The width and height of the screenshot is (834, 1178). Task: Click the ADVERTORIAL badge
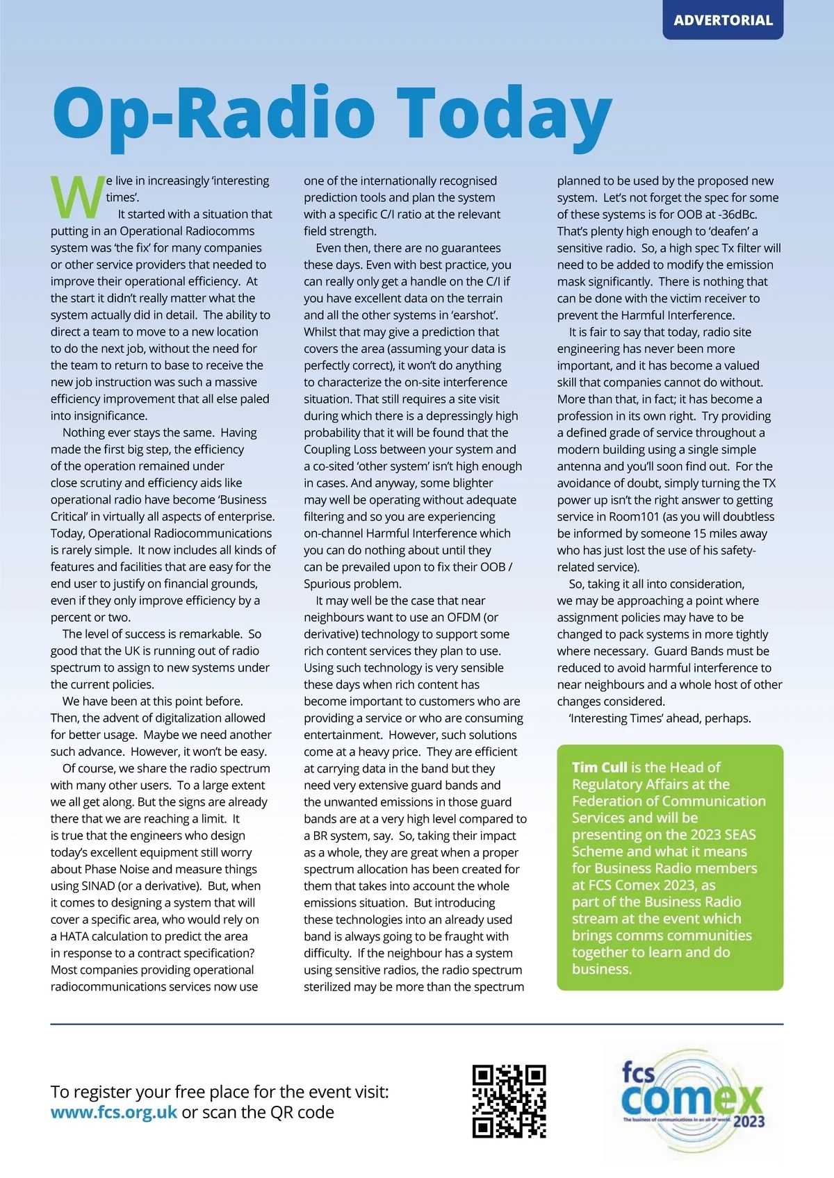tap(723, 20)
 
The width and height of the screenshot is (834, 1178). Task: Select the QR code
tap(509, 1101)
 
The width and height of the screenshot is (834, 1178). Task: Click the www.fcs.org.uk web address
tap(114, 1112)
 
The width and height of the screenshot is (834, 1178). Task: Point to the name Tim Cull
tap(599, 767)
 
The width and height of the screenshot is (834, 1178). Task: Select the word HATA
tap(74, 936)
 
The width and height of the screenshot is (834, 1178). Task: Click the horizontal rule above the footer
tap(417, 1024)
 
